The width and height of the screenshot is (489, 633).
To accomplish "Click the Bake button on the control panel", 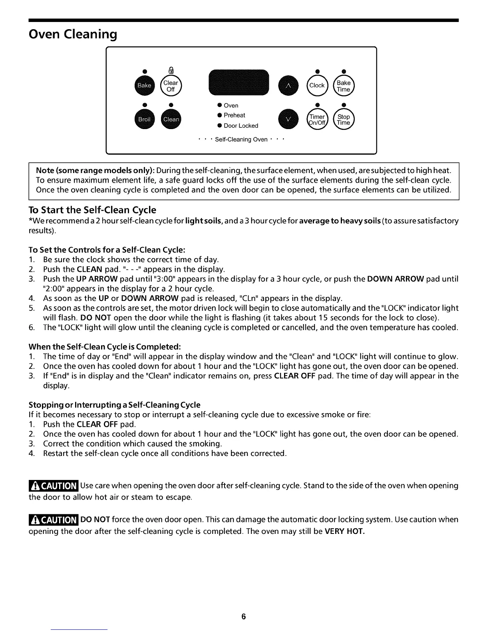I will point(145,86).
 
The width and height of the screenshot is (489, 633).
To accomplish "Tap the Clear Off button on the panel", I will point(171,86).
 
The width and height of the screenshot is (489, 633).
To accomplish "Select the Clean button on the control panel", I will point(171,119).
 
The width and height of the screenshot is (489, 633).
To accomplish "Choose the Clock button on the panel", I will point(317,85).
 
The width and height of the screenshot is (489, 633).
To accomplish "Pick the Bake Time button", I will point(344,86).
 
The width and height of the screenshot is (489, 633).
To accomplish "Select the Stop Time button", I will point(344,119).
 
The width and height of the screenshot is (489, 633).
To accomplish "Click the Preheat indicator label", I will point(234,115).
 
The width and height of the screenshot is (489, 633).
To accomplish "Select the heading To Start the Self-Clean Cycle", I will point(92,210).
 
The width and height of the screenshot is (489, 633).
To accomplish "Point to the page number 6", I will point(244,617).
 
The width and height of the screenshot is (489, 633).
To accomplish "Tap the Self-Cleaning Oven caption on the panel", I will point(241,139).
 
